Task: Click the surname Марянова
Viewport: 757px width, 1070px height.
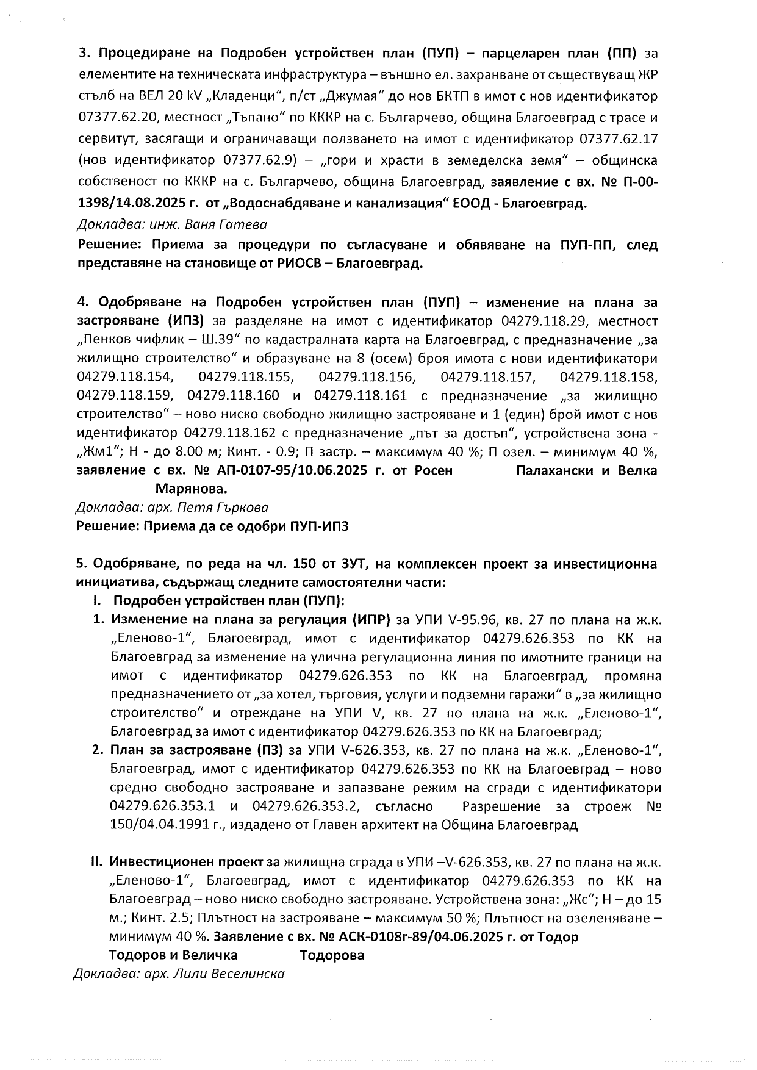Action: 192,489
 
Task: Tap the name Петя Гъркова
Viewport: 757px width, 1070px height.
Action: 234,507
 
